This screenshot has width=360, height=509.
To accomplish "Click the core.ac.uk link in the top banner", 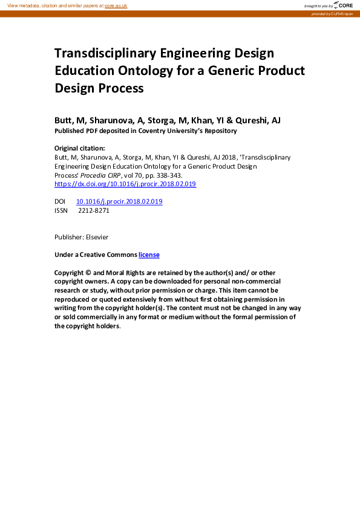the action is pyautogui.click(x=116, y=5).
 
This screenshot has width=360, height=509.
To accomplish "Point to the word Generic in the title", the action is pyautogui.click(x=235, y=71).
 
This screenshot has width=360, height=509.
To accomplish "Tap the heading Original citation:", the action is pyautogui.click(x=79, y=148).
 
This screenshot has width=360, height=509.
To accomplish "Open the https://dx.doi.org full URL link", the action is pyautogui.click(x=125, y=184).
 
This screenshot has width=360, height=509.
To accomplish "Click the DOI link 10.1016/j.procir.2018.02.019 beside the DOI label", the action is pyautogui.click(x=119, y=201).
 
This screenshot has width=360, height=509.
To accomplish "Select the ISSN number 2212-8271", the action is pyautogui.click(x=94, y=210).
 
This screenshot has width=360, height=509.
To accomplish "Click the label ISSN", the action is pyautogui.click(x=61, y=210).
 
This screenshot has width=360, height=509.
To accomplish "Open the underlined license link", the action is pyautogui.click(x=149, y=255).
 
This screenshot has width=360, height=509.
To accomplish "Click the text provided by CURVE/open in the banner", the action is pyautogui.click(x=332, y=13).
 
